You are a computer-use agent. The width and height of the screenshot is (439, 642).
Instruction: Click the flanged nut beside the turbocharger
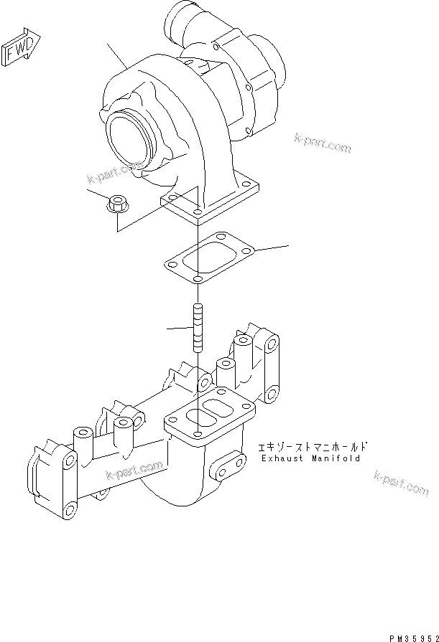point(116,204)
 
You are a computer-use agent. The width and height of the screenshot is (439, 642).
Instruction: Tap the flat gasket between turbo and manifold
point(208,257)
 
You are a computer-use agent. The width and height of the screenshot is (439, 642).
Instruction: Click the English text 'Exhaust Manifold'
point(310,458)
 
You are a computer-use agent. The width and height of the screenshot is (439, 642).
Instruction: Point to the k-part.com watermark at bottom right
point(401,483)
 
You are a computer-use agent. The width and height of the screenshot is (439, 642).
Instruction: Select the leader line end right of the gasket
point(287,246)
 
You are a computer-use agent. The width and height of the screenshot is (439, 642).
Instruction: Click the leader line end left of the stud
point(167,329)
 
